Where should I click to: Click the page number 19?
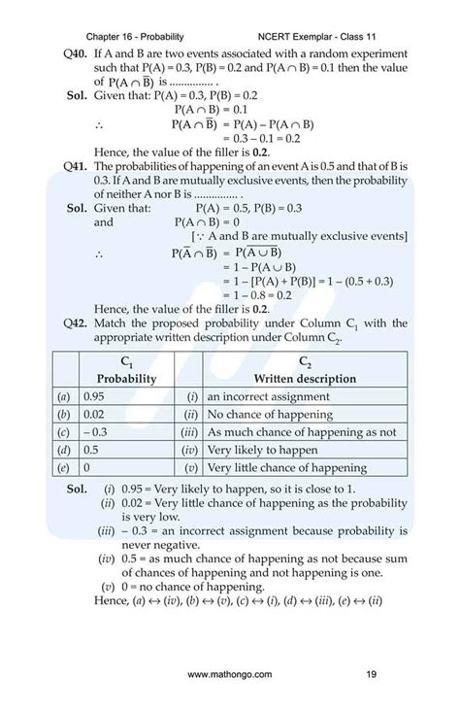click(372, 672)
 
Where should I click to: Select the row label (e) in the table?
click(64, 467)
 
